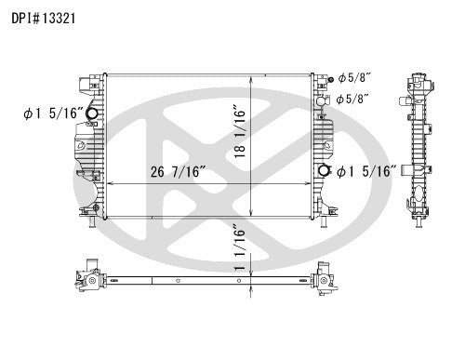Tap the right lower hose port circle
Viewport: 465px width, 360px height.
pyautogui.click(x=324, y=171)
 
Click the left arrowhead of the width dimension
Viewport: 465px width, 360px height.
pyautogui.click(x=105, y=182)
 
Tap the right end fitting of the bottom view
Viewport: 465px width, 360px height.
pyautogui.click(x=326, y=277)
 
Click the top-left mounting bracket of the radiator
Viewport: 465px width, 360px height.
pyautogui.click(x=92, y=86)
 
